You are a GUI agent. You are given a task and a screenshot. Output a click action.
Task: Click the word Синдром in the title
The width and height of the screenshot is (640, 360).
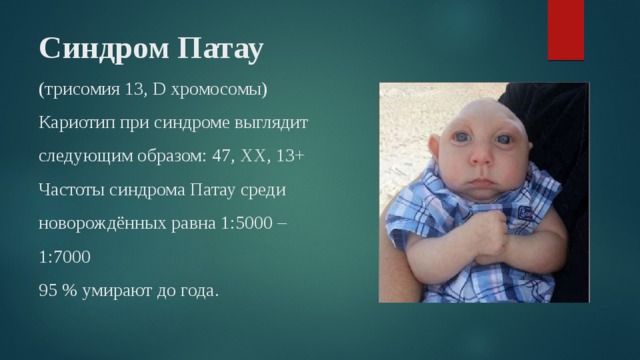tap(89, 48)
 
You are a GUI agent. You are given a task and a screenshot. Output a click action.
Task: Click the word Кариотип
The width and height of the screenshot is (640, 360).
tap(76, 123)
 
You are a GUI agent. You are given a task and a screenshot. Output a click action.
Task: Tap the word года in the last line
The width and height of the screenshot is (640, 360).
tap(197, 290)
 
